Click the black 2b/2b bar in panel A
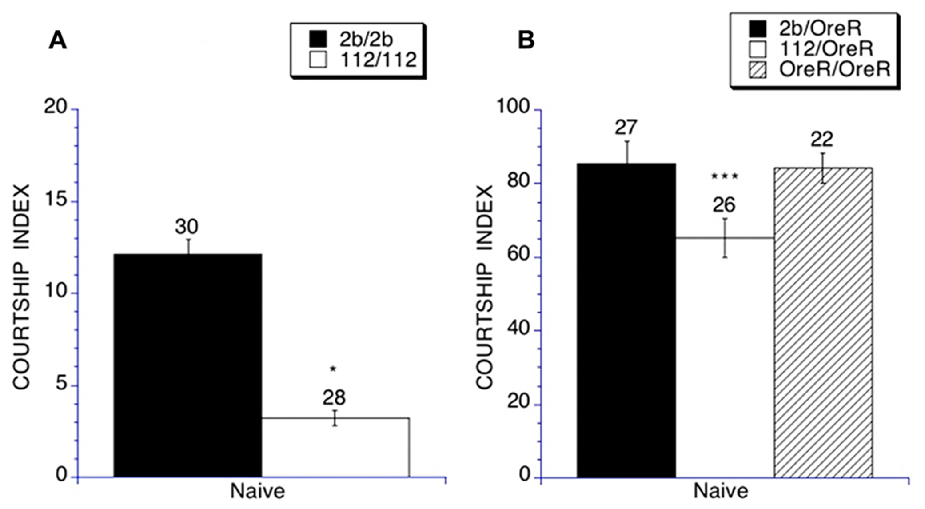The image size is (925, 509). click(x=187, y=365)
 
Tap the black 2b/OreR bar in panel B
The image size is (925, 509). click(x=626, y=320)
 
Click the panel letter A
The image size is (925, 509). click(x=58, y=41)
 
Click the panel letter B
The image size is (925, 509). click(x=526, y=41)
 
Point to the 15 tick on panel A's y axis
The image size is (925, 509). click(x=56, y=200)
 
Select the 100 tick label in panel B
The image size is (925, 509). click(x=514, y=107)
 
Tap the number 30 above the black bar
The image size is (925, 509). click(x=186, y=227)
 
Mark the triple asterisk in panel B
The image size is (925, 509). click(x=725, y=176)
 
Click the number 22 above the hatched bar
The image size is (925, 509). click(x=821, y=140)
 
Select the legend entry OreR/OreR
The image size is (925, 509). click(x=834, y=69)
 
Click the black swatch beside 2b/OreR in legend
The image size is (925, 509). click(x=758, y=29)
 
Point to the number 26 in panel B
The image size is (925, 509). click(x=724, y=205)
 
